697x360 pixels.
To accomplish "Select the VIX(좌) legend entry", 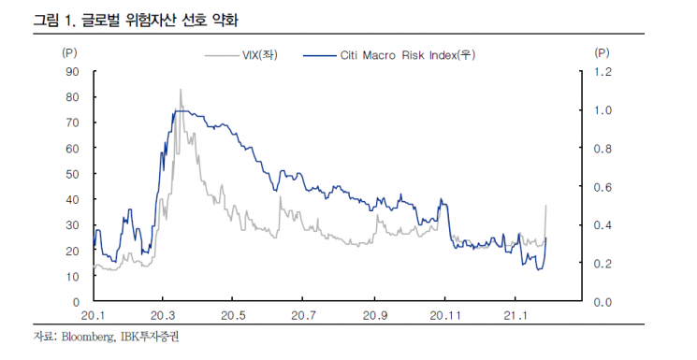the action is click(x=241, y=55).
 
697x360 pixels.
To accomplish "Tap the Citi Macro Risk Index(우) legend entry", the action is click(x=389, y=55).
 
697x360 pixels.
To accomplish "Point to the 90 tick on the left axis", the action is click(x=72, y=72).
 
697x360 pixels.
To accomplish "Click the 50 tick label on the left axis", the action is click(x=72, y=174).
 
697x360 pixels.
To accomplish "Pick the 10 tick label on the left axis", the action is click(x=72, y=276).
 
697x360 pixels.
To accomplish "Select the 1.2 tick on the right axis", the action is click(x=603, y=72).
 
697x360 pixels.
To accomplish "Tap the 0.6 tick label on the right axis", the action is click(x=603, y=187).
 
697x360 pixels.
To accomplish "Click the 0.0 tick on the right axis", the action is click(x=603, y=302).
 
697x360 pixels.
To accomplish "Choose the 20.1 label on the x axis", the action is click(x=93, y=315).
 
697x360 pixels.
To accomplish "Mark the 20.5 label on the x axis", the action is click(x=233, y=315).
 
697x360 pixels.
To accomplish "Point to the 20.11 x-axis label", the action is click(x=445, y=315).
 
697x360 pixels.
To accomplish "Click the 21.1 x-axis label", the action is click(x=515, y=315).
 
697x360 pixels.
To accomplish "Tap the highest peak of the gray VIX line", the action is click(x=181, y=90).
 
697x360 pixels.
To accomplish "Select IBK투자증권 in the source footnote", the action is click(x=148, y=337).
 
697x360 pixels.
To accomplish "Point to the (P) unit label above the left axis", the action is click(x=69, y=53).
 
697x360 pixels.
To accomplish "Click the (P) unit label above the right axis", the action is click(x=602, y=53).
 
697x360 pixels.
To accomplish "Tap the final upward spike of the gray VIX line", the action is click(x=545, y=206).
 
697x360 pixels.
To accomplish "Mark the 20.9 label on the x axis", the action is click(x=375, y=315).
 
